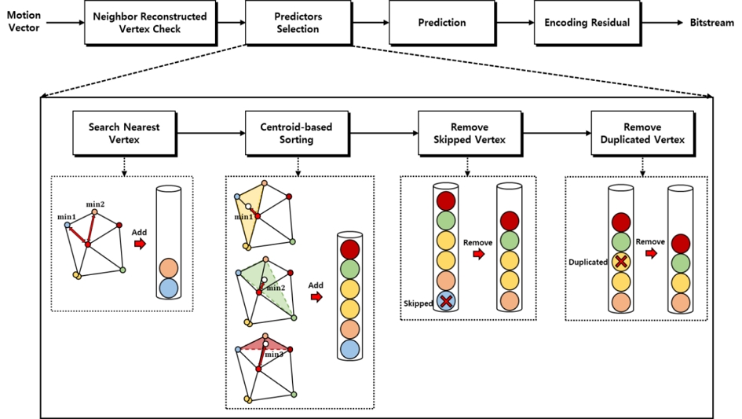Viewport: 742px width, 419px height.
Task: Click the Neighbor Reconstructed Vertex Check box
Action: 148,23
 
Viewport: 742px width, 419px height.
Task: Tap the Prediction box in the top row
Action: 441,23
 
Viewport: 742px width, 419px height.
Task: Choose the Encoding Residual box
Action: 587,23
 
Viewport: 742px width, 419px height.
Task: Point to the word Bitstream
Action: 712,23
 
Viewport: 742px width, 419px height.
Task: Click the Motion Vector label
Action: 24,22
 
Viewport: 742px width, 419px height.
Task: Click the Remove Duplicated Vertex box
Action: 642,133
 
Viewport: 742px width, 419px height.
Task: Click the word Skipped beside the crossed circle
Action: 418,303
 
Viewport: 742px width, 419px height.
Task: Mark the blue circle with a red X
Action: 446,301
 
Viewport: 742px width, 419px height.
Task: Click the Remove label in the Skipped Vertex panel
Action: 477,243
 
